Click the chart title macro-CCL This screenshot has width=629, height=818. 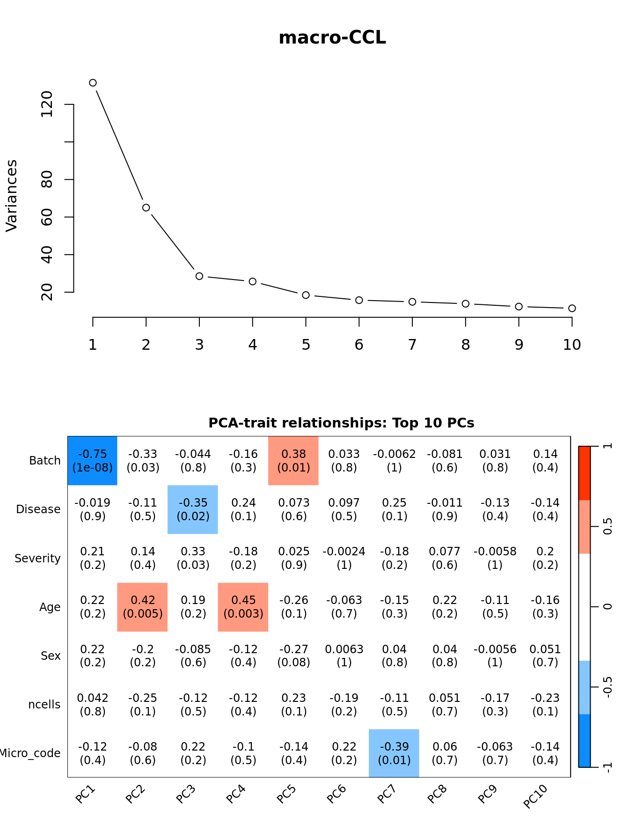332,38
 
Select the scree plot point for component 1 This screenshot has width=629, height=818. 93,83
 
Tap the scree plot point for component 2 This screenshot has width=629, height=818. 146,207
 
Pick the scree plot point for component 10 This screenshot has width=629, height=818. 572,308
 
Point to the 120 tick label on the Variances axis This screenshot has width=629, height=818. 47,104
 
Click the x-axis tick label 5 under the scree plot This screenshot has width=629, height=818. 306,345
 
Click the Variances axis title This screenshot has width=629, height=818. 12,196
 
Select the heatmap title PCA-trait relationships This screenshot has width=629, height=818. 341,423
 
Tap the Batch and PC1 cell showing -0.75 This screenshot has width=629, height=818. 93,461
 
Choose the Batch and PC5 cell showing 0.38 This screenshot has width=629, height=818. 293,461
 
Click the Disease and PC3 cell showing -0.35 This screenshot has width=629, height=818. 193,509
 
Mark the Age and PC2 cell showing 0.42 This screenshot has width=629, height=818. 143,607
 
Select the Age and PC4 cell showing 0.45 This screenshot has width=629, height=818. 243,607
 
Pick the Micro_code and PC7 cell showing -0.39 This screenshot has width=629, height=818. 394,753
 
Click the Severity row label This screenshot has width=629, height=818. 37,558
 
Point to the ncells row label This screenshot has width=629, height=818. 44,705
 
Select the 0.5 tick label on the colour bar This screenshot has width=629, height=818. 607,526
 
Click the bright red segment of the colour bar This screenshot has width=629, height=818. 585,473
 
